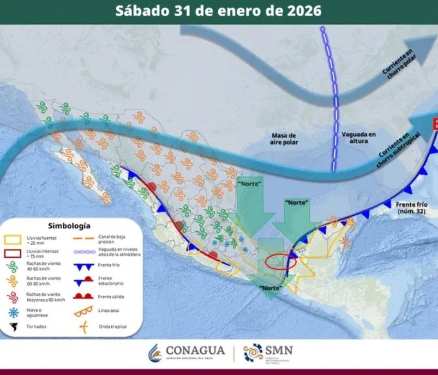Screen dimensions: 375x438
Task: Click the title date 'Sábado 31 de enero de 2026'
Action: point(218,11)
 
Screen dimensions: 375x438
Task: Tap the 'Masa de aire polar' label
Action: point(284,138)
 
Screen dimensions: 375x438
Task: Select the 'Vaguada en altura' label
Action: point(358,137)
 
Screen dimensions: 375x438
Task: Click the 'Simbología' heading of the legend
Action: point(69,225)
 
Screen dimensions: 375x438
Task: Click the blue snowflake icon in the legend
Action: point(13,312)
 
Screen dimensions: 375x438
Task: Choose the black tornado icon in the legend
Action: point(13,327)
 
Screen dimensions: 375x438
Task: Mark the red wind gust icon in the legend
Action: point(13,297)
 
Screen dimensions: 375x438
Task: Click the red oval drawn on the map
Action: point(280,262)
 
